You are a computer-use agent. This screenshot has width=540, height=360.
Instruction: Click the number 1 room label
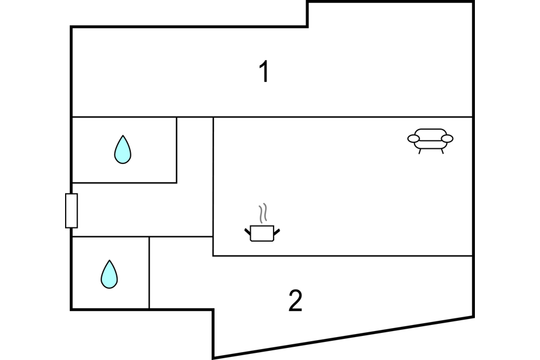click(264, 71)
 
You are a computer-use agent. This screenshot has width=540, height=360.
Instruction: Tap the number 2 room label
click(295, 300)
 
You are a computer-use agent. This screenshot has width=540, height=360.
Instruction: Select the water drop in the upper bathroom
click(122, 150)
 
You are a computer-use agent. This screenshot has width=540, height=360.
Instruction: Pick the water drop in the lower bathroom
click(109, 274)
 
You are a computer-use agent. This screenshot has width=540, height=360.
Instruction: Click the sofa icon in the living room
click(430, 141)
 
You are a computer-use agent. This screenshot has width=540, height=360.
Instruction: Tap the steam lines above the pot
click(263, 212)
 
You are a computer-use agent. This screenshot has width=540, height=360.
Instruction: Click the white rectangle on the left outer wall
click(71, 210)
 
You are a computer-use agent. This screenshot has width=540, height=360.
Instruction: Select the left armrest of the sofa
click(413, 139)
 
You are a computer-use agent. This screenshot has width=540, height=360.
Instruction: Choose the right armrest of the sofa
click(447, 139)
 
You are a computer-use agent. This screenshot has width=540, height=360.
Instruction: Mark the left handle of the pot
click(248, 232)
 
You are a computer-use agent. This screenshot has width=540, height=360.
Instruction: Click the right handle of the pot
click(277, 232)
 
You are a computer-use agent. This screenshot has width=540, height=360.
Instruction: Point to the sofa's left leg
click(420, 151)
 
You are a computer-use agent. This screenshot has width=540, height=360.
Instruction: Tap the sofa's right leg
click(442, 151)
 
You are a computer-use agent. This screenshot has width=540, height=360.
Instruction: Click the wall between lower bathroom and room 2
click(149, 273)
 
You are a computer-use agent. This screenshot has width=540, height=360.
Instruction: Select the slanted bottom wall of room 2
click(344, 338)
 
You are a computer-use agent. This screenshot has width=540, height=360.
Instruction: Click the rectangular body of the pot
click(262, 233)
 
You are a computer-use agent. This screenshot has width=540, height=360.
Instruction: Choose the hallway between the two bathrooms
click(141, 209)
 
